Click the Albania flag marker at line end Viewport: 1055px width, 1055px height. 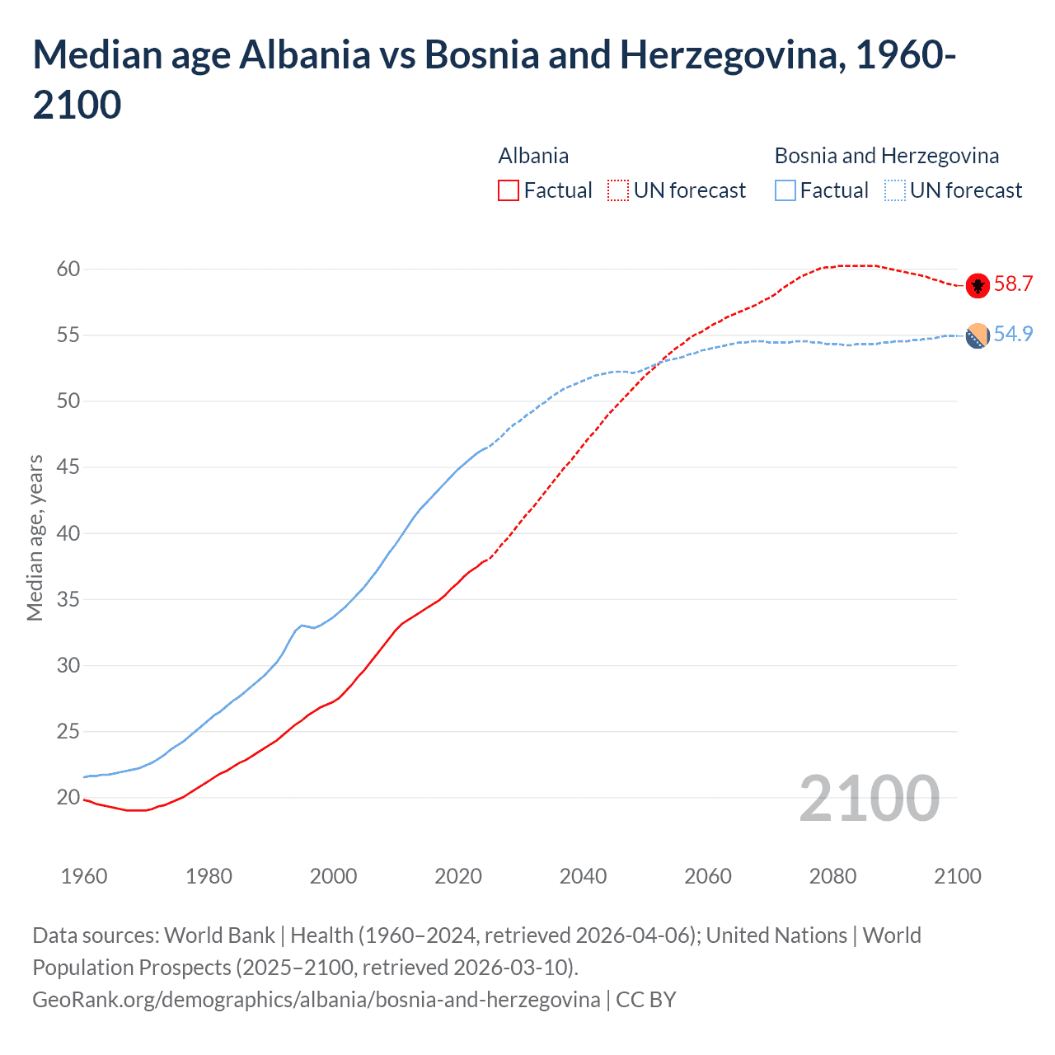coord(978,285)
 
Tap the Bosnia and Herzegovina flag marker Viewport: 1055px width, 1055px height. coord(978,336)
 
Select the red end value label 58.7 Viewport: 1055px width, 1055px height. coord(1013,284)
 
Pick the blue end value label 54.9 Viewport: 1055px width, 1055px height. coord(1013,334)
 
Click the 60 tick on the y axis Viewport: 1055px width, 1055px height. coord(68,269)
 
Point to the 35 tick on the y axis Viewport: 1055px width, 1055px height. coord(68,599)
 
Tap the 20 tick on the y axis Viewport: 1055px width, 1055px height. coord(68,797)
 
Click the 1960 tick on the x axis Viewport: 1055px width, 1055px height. coord(84,875)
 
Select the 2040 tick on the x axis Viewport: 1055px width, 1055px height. coord(583,875)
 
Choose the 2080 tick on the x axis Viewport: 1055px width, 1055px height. coord(832,875)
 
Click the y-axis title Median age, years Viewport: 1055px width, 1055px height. coord(35,537)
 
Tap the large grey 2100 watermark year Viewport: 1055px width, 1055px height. coord(869,799)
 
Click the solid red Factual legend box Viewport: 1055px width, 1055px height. coord(509,190)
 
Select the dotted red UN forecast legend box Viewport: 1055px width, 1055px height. coord(618,190)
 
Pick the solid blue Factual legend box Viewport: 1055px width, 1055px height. coord(785,190)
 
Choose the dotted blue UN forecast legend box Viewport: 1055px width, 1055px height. coord(894,190)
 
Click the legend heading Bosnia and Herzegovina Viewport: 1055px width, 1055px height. coord(886,156)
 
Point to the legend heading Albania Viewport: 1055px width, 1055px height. coord(533,156)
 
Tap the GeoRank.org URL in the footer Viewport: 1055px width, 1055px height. coord(316,1000)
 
